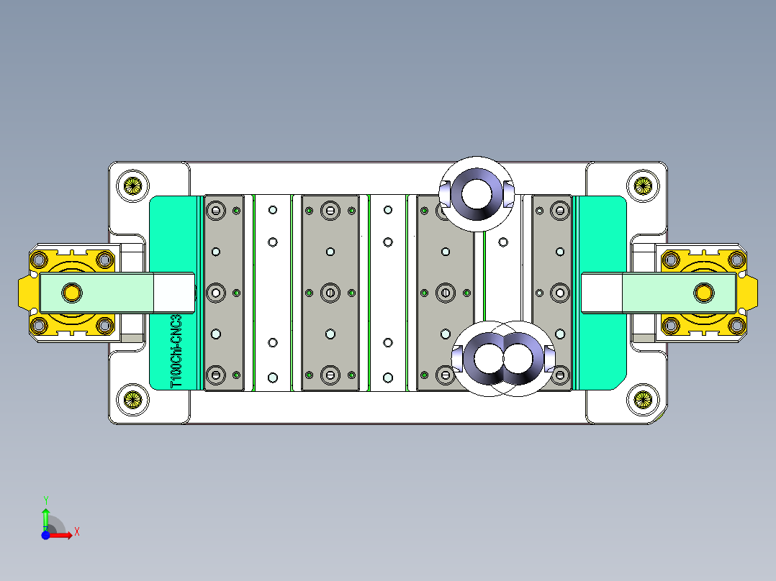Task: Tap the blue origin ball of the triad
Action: tap(45, 536)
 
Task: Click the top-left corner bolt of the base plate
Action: tap(132, 185)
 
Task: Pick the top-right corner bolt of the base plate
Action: tap(641, 185)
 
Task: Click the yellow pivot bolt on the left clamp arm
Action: tap(71, 292)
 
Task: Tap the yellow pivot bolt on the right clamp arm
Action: tap(703, 292)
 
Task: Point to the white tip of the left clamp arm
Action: tap(174, 293)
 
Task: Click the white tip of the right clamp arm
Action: tap(602, 293)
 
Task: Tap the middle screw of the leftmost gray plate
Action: tap(215, 293)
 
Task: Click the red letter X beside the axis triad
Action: tap(76, 532)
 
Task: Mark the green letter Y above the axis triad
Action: tap(45, 499)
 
